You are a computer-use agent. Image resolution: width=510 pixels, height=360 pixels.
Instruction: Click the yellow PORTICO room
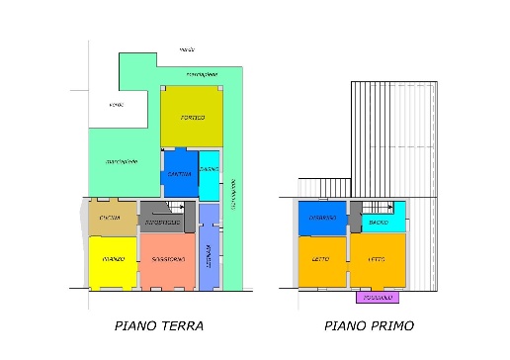click(192, 118)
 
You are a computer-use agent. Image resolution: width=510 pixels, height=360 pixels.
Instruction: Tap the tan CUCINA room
click(111, 218)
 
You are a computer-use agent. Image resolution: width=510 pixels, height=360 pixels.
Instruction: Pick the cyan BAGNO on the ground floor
click(209, 170)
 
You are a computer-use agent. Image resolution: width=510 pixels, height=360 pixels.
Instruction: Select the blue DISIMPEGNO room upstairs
click(322, 218)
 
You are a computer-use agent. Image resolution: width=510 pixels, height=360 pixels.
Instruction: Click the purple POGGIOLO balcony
click(375, 297)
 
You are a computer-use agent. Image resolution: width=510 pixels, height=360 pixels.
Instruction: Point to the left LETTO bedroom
click(322, 260)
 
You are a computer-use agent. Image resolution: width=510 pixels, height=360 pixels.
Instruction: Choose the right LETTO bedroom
click(378, 260)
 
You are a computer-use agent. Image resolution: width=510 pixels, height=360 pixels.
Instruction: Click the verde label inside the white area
click(117, 104)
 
